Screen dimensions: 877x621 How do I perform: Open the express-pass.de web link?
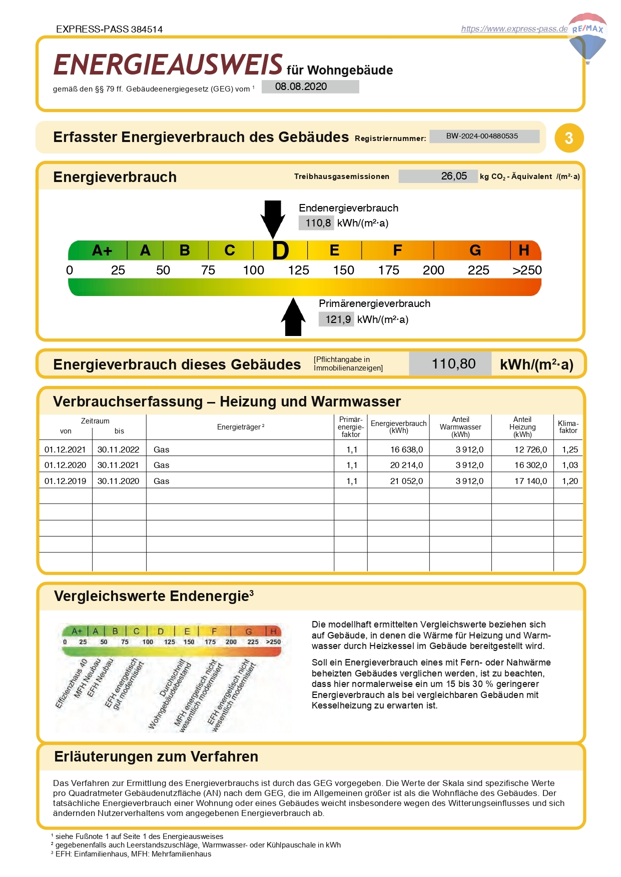tap(514, 29)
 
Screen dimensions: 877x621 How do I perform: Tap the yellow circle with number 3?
tap(569, 138)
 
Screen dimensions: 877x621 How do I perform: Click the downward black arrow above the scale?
tap(273, 218)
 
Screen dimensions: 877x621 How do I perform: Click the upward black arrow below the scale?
tap(294, 317)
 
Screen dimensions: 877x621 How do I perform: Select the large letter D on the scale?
tap(280, 250)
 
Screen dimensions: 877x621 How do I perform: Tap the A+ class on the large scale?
tap(102, 250)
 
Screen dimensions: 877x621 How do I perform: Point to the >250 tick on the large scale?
tap(527, 270)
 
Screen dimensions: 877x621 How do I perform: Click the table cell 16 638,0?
tap(406, 449)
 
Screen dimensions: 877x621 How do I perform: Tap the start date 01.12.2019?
tap(66, 481)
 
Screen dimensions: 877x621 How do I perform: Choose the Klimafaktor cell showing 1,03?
tap(569, 465)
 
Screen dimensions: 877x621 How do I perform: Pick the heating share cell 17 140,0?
tap(530, 481)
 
